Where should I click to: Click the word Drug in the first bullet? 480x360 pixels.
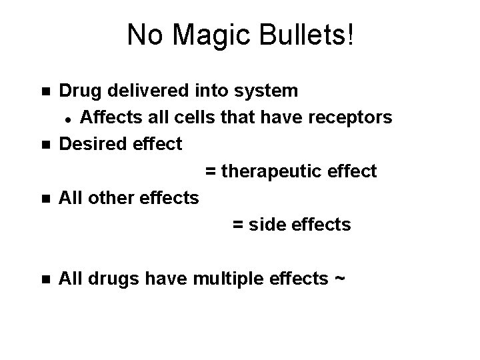point(79,90)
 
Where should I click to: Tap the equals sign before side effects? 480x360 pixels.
point(237,225)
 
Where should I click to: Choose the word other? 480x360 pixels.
point(109,198)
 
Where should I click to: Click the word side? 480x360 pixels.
point(268,225)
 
